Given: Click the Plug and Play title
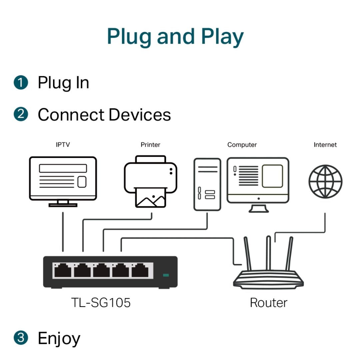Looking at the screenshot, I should pyautogui.click(x=175, y=36).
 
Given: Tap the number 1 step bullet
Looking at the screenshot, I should pyautogui.click(x=21, y=82).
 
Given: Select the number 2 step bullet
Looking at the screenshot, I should pyautogui.click(x=21, y=114).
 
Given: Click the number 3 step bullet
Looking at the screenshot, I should pyautogui.click(x=21, y=338).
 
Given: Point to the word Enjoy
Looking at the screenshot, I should pyautogui.click(x=59, y=339).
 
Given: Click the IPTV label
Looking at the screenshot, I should pyautogui.click(x=63, y=145).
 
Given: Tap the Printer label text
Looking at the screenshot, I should pyautogui.click(x=150, y=145).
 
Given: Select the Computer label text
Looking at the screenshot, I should pyautogui.click(x=242, y=145).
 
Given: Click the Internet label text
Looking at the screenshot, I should pyautogui.click(x=325, y=145).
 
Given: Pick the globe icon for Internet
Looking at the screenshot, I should pyautogui.click(x=325, y=182).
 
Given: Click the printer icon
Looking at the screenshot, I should pyautogui.click(x=150, y=182).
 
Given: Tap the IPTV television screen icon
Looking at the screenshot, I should pyautogui.click(x=63, y=179).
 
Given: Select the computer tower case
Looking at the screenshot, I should pyautogui.click(x=207, y=184).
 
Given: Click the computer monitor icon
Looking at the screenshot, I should pyautogui.click(x=258, y=182).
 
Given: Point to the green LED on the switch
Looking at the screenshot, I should pyautogui.click(x=166, y=275).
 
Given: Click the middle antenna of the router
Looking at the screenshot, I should pyautogui.click(x=268, y=252).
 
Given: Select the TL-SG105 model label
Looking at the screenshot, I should pyautogui.click(x=101, y=303).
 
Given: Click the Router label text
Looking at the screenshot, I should pyautogui.click(x=268, y=303).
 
